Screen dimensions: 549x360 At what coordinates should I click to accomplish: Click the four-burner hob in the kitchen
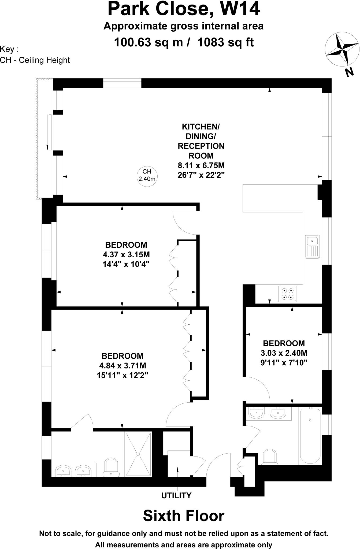click(x=287, y=294)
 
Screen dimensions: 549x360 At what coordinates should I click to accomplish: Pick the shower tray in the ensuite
click(x=138, y=454)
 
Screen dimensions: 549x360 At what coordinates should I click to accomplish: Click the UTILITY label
click(x=176, y=495)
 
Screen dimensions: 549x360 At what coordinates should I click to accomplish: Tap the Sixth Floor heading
click(x=184, y=515)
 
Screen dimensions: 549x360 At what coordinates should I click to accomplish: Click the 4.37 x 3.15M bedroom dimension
click(x=126, y=254)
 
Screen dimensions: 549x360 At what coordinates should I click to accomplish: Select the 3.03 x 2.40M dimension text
click(x=284, y=353)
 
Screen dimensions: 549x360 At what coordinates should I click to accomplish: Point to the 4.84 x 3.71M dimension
click(x=123, y=365)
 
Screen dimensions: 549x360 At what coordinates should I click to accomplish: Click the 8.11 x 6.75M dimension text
click(x=201, y=165)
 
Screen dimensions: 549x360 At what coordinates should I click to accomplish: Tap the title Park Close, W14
click(x=184, y=9)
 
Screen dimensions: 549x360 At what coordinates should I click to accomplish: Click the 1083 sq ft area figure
click(x=225, y=42)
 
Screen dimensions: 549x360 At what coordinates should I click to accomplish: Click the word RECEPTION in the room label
click(x=201, y=146)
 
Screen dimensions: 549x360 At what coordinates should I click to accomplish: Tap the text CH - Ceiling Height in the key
click(x=35, y=60)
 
